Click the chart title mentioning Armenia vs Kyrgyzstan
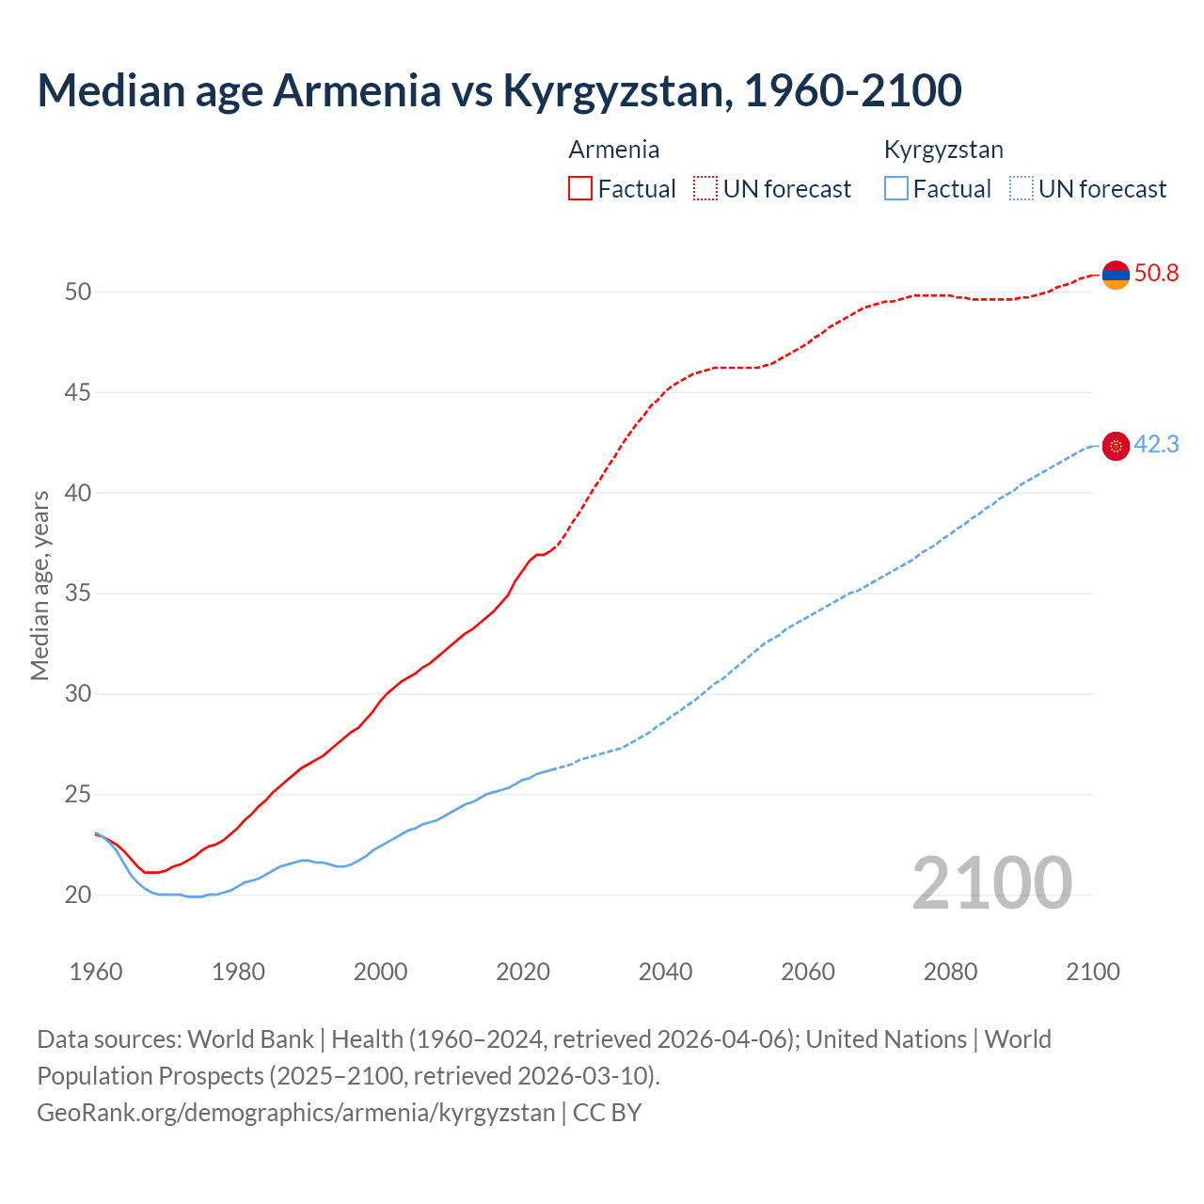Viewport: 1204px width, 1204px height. [x=499, y=90]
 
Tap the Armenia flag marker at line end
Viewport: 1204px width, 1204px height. [x=1116, y=275]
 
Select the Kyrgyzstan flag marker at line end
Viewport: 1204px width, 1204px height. [x=1116, y=446]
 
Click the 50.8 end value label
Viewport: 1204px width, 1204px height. [x=1156, y=274]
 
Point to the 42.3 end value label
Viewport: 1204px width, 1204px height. [x=1156, y=445]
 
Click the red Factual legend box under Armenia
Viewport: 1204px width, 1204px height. [x=580, y=189]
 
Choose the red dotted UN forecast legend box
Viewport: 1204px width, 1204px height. [x=705, y=189]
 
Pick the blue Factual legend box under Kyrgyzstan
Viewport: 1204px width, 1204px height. [x=896, y=189]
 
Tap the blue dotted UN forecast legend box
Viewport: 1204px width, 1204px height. [x=1022, y=189]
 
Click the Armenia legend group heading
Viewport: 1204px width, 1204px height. [x=613, y=150]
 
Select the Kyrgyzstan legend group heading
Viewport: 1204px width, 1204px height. [x=943, y=150]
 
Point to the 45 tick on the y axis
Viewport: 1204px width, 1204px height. [x=78, y=392]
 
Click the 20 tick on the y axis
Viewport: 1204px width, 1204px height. [x=78, y=895]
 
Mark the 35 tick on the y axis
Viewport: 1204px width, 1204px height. [x=78, y=594]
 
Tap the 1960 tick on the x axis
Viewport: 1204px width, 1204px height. [x=96, y=972]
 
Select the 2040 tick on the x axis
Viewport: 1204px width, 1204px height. [x=665, y=972]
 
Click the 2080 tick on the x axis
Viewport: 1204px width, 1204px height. [x=950, y=972]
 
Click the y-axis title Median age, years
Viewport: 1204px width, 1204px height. [x=40, y=585]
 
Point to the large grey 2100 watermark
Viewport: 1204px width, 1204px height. [x=991, y=883]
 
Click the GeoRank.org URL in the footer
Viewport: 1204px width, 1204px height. [x=296, y=1113]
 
